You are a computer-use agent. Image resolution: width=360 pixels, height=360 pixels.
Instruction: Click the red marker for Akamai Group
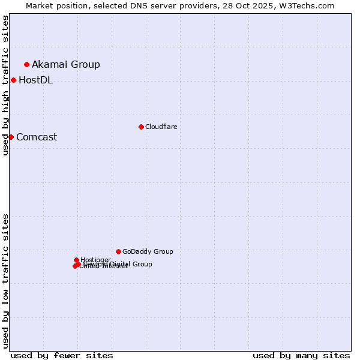click(26, 64)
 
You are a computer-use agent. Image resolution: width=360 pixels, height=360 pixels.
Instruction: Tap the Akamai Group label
click(66, 64)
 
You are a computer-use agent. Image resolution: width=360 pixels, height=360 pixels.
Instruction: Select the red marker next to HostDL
click(13, 80)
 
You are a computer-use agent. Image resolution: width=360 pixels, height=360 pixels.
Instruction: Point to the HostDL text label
click(35, 80)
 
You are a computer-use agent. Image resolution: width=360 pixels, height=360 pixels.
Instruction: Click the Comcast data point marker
click(11, 137)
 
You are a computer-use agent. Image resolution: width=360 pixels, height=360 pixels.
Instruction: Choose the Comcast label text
click(37, 137)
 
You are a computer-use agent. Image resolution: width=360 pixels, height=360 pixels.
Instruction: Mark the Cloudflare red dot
click(141, 127)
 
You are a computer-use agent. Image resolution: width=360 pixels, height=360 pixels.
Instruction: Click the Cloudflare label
click(161, 127)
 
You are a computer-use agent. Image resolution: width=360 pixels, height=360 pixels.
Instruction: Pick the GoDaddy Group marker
click(118, 251)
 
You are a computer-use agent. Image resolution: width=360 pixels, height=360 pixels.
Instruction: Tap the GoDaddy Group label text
click(148, 251)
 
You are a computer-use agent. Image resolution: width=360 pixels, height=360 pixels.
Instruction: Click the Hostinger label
click(95, 260)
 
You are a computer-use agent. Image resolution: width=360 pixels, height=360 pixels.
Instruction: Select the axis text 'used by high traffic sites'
click(6, 85)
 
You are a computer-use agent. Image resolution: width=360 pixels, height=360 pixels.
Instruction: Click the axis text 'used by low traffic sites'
click(6, 281)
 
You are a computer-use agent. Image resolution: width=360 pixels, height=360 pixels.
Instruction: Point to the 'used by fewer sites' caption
click(62, 355)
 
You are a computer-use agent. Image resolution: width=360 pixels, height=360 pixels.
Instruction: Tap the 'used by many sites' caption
click(301, 355)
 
